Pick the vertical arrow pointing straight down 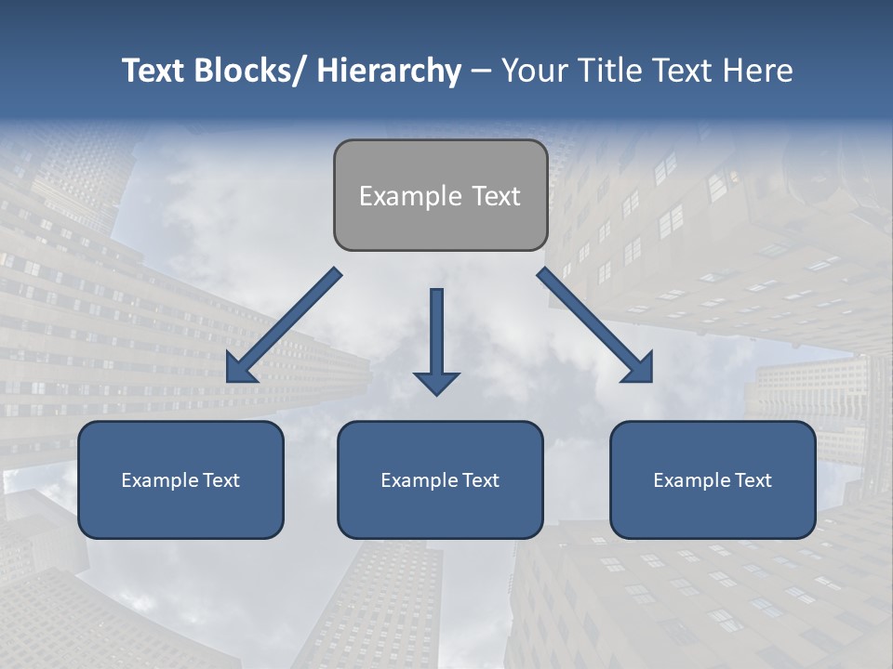coord(436,339)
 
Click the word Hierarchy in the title coord(388,71)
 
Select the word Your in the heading coord(534,71)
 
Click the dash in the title coord(481,72)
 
